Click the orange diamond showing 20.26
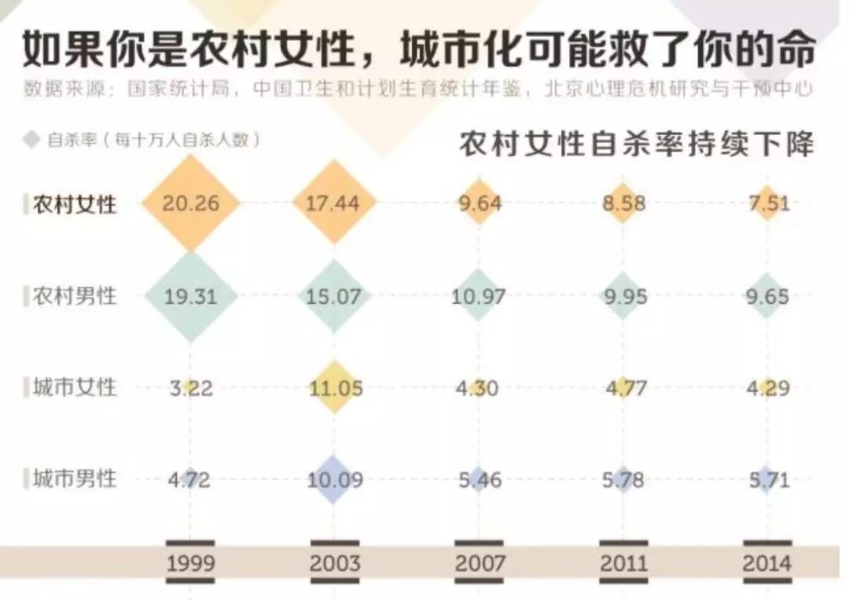[190, 203]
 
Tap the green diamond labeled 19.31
[190, 296]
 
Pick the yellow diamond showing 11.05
[335, 388]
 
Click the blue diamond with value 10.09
[335, 479]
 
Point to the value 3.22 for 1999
[190, 388]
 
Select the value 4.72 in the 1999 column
[190, 479]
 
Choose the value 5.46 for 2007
[480, 479]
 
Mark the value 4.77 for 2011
[623, 388]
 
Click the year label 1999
[190, 563]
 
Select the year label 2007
[480, 563]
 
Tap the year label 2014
[767, 563]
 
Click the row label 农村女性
[75, 205]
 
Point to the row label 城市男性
[75, 478]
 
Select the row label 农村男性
[75, 296]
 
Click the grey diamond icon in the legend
[31, 140]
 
